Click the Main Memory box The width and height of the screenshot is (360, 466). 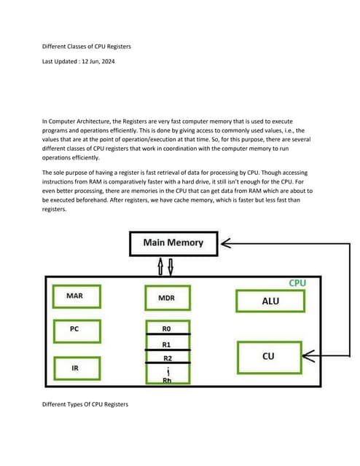click(x=173, y=242)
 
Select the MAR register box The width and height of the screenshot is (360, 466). click(x=74, y=296)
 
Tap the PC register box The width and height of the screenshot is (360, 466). click(x=74, y=329)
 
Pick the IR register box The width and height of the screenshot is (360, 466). click(x=74, y=368)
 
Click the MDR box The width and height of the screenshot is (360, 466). click(x=166, y=299)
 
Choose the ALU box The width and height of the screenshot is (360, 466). click(x=270, y=301)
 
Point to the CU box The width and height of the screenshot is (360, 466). click(x=268, y=356)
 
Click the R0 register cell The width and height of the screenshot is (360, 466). click(x=166, y=327)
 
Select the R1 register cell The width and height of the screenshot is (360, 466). click(x=166, y=343)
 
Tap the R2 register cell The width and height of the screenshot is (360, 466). click(x=166, y=358)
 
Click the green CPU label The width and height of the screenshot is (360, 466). click(x=297, y=282)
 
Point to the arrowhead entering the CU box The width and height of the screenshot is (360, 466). click(x=308, y=356)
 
